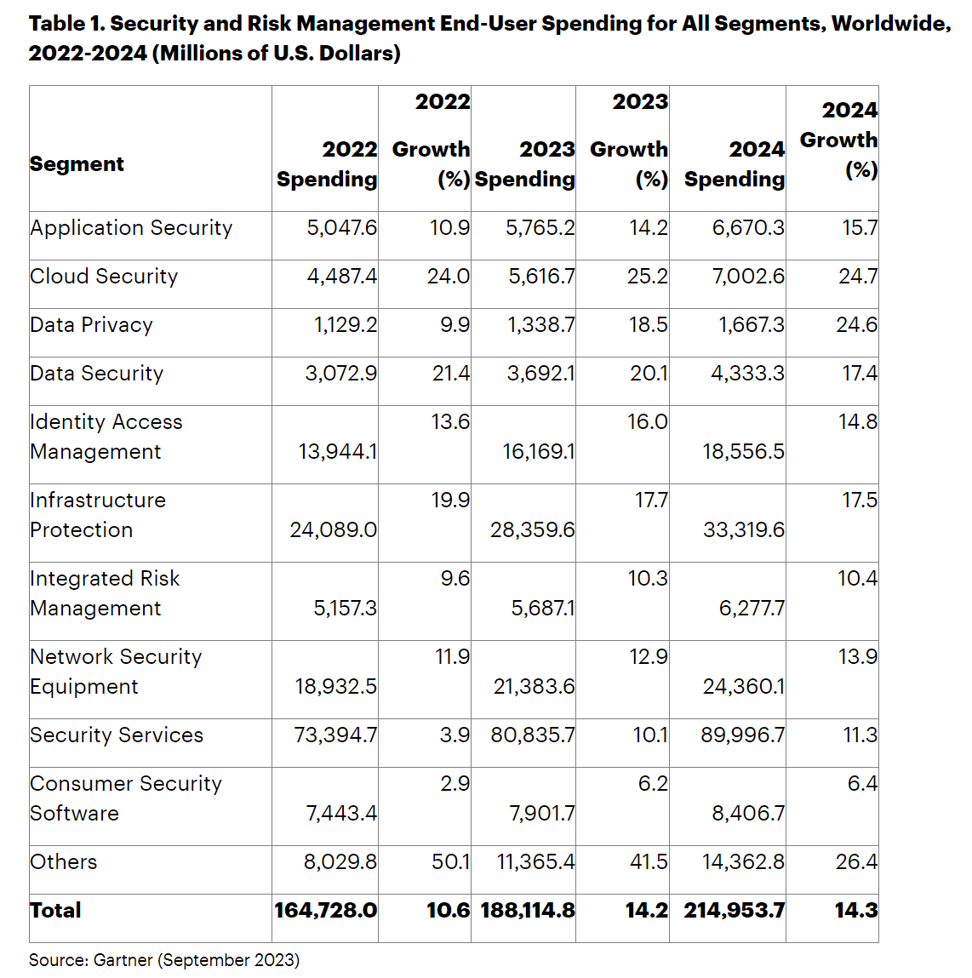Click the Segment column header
coord(77,163)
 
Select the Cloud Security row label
coord(104,277)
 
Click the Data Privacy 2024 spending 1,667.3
coord(752,325)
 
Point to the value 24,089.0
coord(333,530)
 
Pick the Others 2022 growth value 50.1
coord(450,862)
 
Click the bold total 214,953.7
coord(734,911)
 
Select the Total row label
coord(55,911)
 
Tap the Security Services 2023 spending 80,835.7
coord(533,735)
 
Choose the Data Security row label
coord(96,374)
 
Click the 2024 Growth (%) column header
coord(839,140)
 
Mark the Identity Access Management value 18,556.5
coord(743,452)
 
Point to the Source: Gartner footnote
coord(164,960)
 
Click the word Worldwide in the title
coord(890,23)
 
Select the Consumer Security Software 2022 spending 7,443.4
coord(341,814)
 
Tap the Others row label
coord(64,862)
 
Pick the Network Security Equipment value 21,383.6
coord(534,687)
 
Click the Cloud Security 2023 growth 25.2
coord(648,277)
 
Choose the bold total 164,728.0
coord(325,911)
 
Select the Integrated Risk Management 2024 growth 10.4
coord(857,579)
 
